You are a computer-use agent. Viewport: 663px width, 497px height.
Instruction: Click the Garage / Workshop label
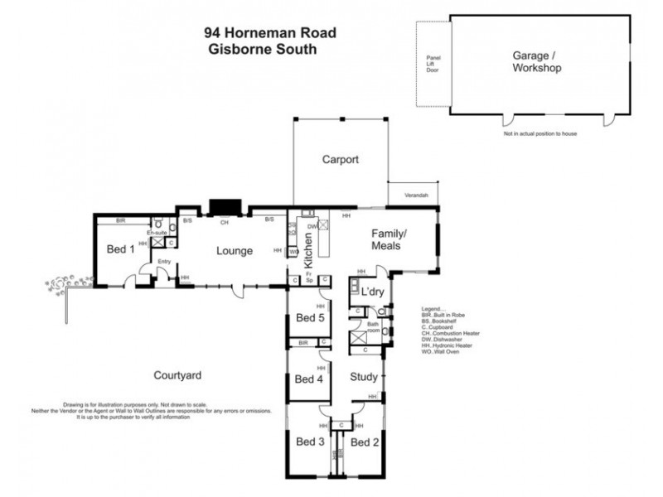point(536,61)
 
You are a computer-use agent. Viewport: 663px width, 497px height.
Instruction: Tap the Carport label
point(340,160)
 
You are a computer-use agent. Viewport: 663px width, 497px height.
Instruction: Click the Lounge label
point(235,250)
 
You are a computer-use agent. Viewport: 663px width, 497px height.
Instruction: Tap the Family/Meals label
point(385,239)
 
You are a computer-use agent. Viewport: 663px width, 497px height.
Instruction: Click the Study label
point(364,377)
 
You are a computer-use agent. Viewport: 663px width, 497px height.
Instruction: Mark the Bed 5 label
point(311,318)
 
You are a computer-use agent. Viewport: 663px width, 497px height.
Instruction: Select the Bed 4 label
point(309,379)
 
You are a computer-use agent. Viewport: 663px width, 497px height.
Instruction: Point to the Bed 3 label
point(311,442)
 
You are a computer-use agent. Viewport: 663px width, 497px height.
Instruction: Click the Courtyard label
point(178,375)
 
